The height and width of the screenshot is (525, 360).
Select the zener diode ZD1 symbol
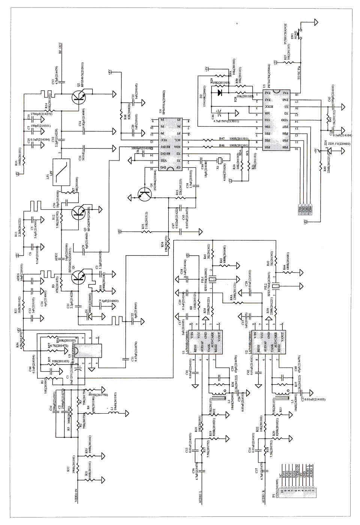click(x=330, y=152)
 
